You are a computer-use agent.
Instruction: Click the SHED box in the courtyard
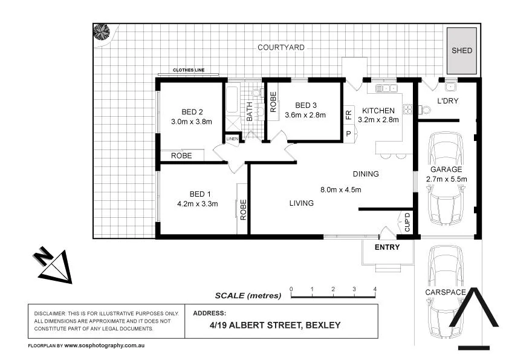coord(462,51)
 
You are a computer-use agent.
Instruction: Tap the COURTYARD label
coord(280,47)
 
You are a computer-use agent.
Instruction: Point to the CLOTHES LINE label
coord(188,70)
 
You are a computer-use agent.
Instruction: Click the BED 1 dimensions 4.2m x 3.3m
coord(198,204)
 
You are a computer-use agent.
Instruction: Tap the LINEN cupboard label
coord(232,139)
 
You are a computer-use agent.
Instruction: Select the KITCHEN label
coord(378,111)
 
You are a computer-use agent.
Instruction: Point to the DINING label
coord(365,174)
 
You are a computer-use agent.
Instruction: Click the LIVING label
coord(300,203)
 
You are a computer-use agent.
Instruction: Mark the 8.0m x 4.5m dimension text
coord(340,189)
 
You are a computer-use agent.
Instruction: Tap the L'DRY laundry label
coord(447,101)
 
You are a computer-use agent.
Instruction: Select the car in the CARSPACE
coord(445,284)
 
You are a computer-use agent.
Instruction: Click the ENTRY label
coord(387,247)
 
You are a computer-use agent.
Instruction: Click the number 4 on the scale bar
coord(375,289)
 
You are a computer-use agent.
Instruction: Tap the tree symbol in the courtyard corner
coord(101,31)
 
